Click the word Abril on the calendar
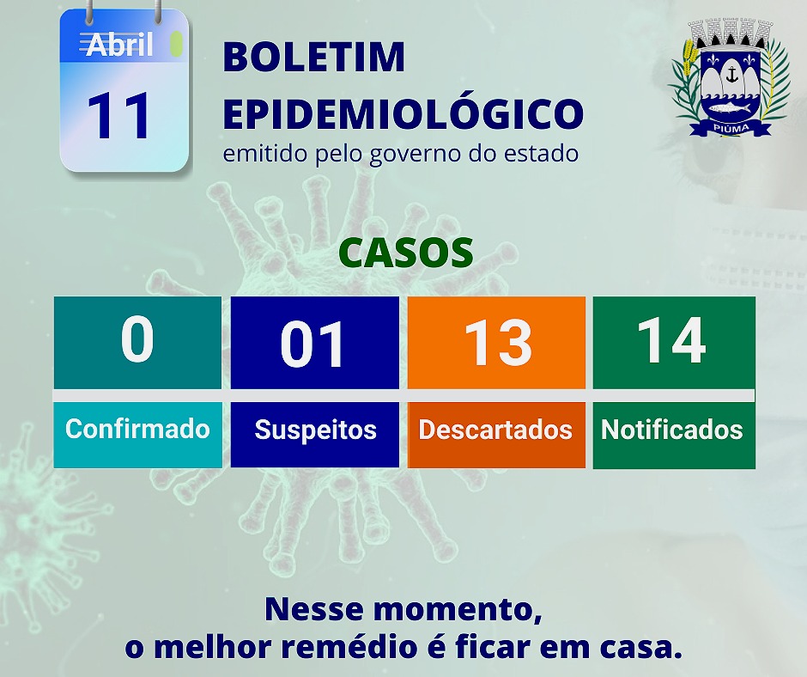tap(120, 45)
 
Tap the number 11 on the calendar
tap(118, 116)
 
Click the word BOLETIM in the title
tap(314, 57)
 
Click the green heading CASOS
tap(406, 253)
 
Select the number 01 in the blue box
tap(312, 344)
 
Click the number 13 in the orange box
tap(498, 343)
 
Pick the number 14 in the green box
tap(671, 340)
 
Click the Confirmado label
tap(137, 429)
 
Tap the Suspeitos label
tap(315, 430)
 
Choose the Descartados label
tap(495, 430)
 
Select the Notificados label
tap(672, 430)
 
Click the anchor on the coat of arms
tap(731, 76)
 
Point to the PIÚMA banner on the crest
tap(731, 128)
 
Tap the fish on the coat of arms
tap(730, 108)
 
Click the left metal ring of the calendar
tap(90, 12)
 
